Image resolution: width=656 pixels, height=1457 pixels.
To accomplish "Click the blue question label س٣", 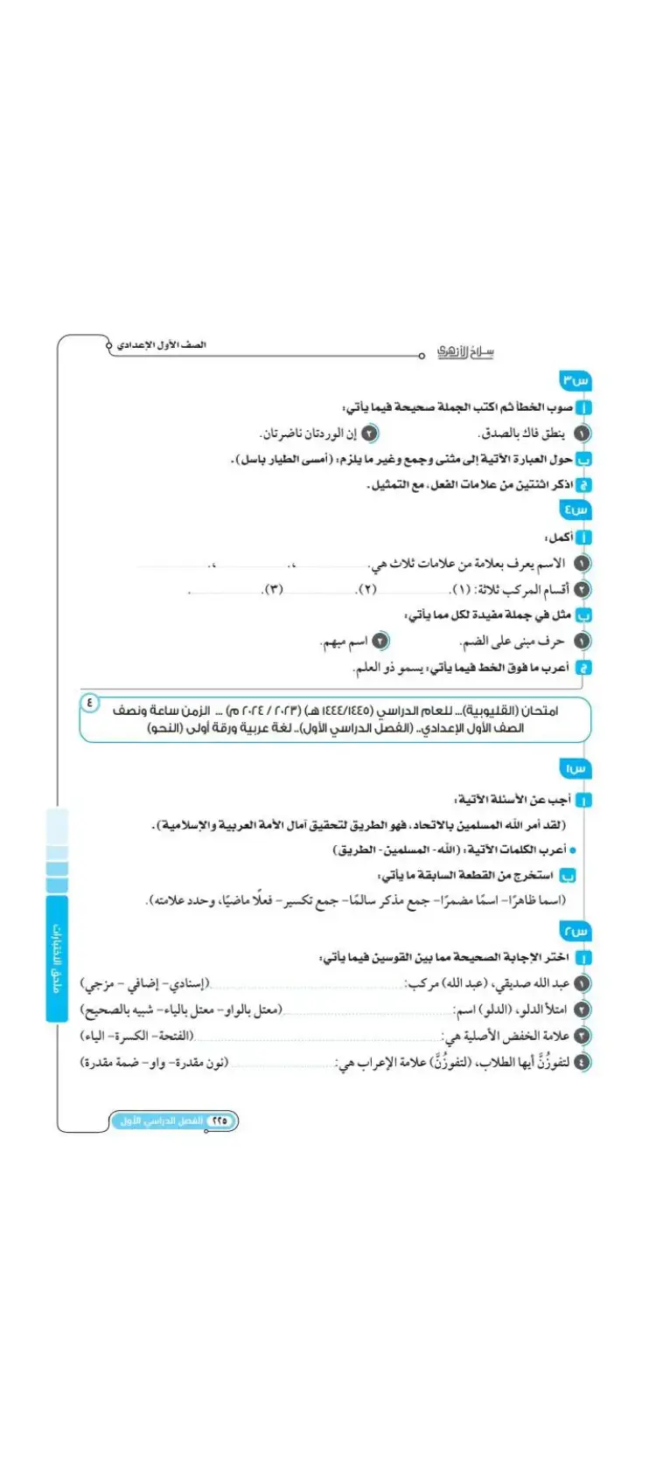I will (576, 380).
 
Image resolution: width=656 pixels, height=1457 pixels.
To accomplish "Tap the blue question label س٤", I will (576, 510).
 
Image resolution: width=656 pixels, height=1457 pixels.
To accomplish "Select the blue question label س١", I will (576, 768).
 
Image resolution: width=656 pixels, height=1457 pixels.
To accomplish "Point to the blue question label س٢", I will (576, 932).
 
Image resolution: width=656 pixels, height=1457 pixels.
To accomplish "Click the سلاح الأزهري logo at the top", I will (465, 351).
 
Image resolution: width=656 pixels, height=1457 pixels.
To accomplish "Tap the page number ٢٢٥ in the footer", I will (219, 1121).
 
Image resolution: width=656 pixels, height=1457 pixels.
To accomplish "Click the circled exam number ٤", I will (90, 701).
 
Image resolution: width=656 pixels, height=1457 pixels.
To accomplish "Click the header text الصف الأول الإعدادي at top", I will (163, 345).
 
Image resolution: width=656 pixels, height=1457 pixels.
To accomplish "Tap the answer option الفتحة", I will (174, 1037).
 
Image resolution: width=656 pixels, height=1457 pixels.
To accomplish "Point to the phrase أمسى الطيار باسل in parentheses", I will (285, 459).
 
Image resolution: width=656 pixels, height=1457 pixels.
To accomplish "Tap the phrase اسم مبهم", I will (345, 642).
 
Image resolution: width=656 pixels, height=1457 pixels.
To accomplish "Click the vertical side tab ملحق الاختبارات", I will (57, 958).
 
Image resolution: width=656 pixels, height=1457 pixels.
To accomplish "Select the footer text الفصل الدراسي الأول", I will (162, 1121).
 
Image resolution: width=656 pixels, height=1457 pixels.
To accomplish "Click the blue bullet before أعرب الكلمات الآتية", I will (573, 850).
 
